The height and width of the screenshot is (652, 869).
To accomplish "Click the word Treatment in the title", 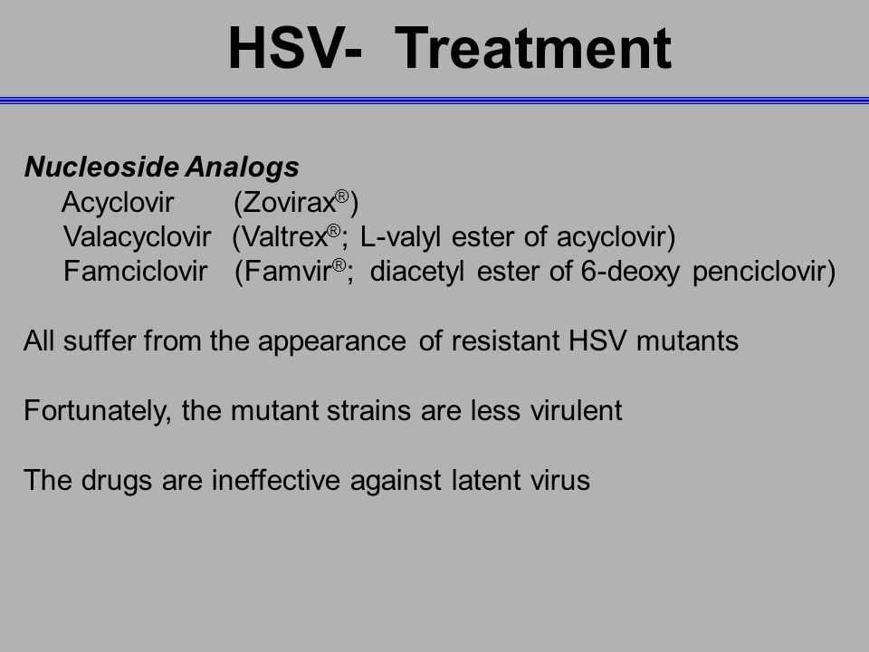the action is pyautogui.click(x=533, y=48).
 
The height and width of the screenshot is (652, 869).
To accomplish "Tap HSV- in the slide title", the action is pyautogui.click(x=295, y=48).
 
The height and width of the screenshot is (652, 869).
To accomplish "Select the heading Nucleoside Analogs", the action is pyautogui.click(x=162, y=168).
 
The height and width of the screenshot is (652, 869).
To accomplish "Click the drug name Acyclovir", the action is pyautogui.click(x=118, y=202).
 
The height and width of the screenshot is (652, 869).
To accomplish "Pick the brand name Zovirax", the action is pyautogui.click(x=289, y=202).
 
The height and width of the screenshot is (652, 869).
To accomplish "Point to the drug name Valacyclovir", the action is pyautogui.click(x=137, y=237).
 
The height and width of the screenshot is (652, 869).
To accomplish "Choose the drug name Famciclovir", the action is pyautogui.click(x=135, y=272).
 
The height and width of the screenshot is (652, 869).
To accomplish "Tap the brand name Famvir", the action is pyautogui.click(x=287, y=272).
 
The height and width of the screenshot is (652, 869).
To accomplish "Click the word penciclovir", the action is pyautogui.click(x=759, y=273).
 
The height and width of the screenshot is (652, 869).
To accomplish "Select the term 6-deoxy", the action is pyautogui.click(x=630, y=273).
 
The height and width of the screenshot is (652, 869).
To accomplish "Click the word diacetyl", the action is pyautogui.click(x=416, y=273).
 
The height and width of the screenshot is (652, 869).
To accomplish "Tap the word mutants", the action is pyautogui.click(x=687, y=341).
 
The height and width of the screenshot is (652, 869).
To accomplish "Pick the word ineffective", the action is pyautogui.click(x=275, y=480).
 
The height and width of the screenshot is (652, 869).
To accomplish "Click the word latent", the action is pyautogui.click(x=486, y=480).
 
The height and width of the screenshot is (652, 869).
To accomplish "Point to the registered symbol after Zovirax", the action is pyautogui.click(x=342, y=197).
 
